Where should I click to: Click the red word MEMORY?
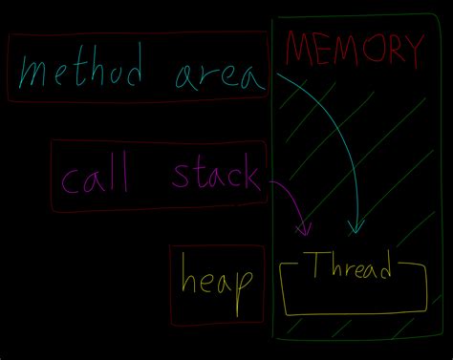click(353, 50)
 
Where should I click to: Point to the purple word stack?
click(214, 175)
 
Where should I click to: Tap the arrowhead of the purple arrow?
click(306, 230)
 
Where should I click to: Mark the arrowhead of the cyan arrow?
click(356, 228)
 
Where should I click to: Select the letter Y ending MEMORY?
click(411, 50)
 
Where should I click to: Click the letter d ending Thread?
click(384, 268)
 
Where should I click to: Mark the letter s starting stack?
click(180, 178)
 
